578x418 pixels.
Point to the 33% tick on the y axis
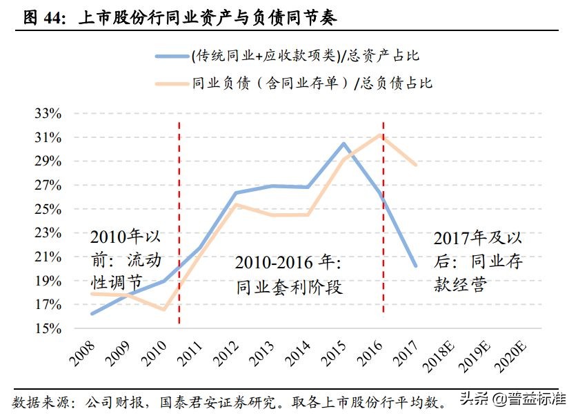coord(48,114)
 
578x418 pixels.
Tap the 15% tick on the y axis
coord(48,328)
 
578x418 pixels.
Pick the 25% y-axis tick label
coord(48,209)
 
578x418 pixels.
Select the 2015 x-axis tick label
coord(335,351)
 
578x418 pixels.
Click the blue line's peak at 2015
coord(344,143)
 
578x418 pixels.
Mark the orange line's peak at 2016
coord(381,135)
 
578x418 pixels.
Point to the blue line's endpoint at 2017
coord(416,266)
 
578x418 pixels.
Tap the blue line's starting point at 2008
coord(92,313)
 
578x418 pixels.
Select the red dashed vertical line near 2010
coord(179,221)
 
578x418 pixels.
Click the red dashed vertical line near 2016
coord(383,221)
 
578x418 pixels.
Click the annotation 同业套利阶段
coord(289,286)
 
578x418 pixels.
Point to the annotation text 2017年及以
coord(477,238)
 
